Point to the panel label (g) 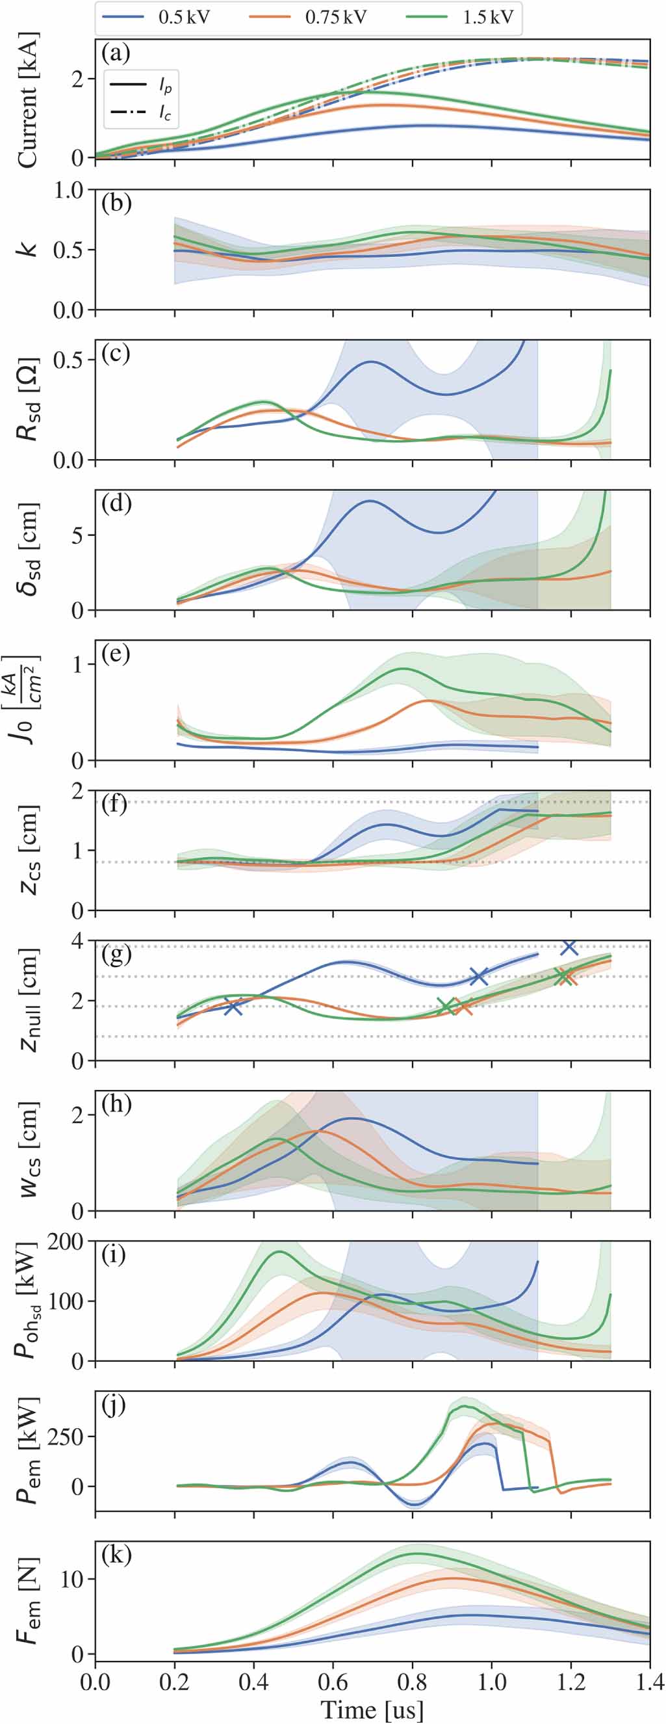(x=116, y=959)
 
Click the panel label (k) (x=116, y=1556)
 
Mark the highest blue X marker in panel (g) (x=569, y=947)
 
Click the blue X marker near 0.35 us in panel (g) (x=233, y=1007)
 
